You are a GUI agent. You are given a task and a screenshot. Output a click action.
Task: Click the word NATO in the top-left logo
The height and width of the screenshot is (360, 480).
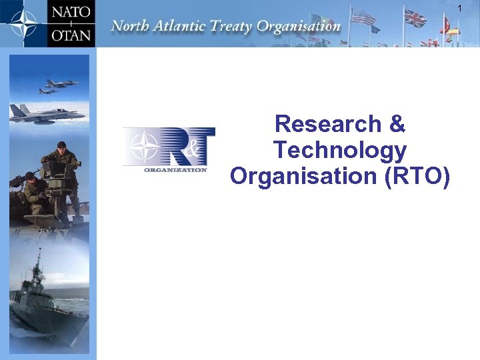coord(72,11)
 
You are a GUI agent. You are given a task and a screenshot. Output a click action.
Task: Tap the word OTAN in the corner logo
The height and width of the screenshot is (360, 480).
coord(72,33)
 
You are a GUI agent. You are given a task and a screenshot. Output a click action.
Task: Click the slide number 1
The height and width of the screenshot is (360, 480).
coord(459,7)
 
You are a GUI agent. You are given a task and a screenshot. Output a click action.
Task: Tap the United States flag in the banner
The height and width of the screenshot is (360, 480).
coord(364,16)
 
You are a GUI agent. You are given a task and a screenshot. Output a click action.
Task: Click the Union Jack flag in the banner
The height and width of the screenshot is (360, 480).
coord(415,17)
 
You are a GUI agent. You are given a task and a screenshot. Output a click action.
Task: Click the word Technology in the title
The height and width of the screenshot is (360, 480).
coord(339,150)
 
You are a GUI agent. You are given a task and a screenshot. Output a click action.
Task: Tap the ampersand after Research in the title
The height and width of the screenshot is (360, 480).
coord(396,124)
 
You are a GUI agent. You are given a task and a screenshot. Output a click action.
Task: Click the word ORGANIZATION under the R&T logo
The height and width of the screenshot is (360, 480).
coord(176,169)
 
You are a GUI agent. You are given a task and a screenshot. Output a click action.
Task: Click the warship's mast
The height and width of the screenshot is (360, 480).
coord(39,263)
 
